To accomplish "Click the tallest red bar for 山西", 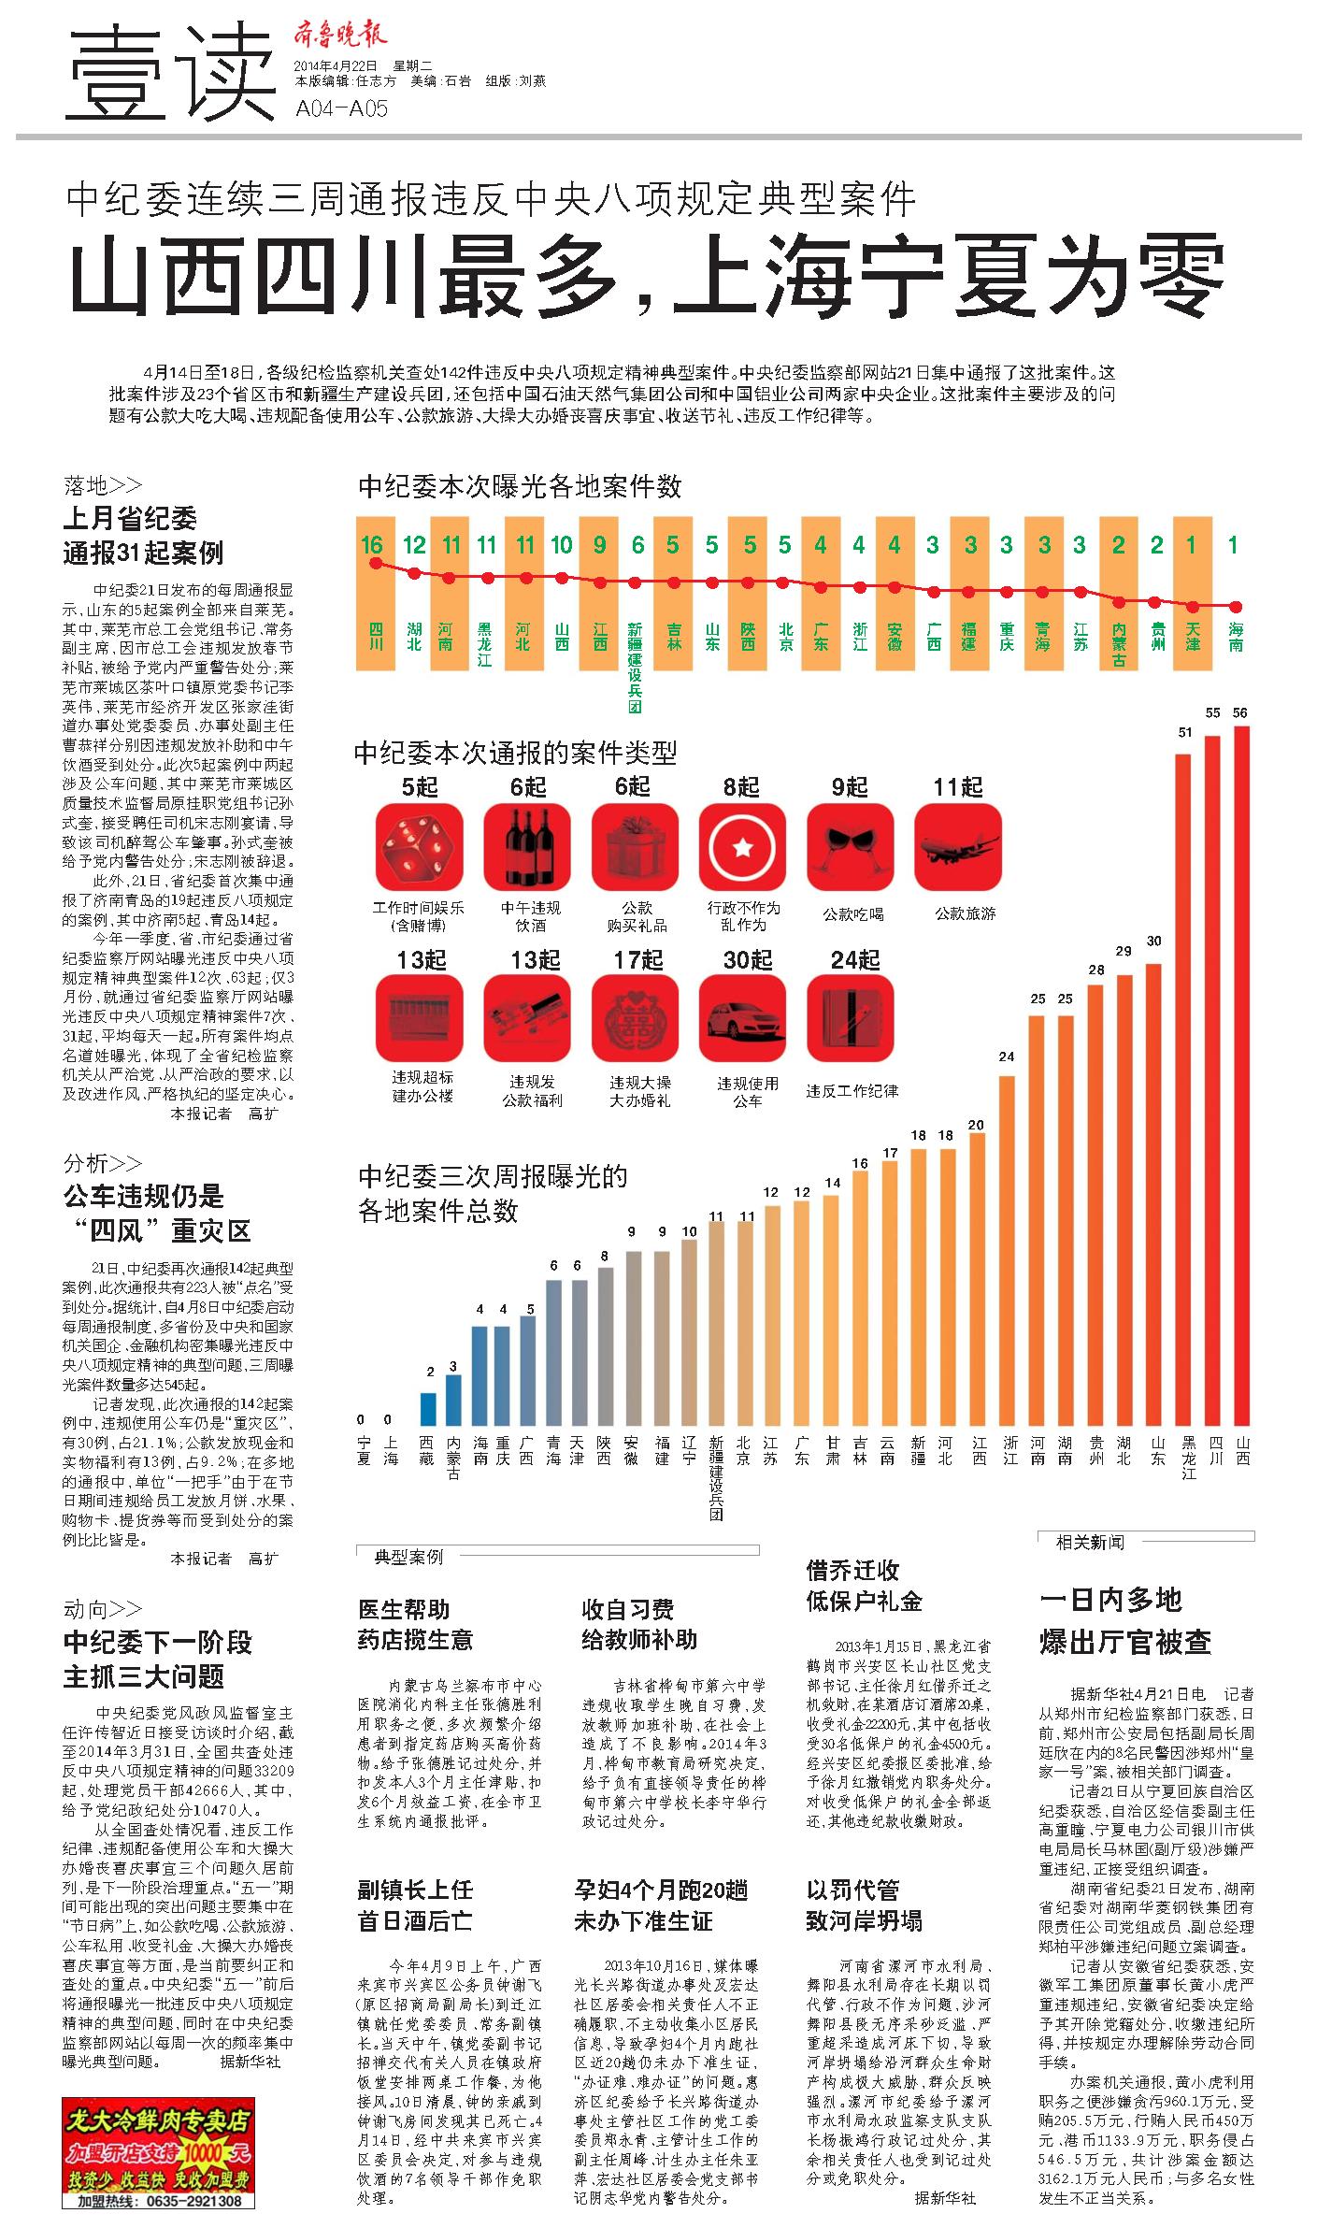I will [1241, 1085].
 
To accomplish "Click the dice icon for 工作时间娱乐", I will [419, 848].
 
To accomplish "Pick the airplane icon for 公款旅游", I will [958, 848].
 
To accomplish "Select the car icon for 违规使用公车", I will [743, 1020].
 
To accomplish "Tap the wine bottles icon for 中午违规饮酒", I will [527, 848].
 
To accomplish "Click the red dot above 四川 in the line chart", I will [376, 563].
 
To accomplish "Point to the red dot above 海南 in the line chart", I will [1236, 607].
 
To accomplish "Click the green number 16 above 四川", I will [372, 544].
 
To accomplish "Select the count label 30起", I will [748, 959].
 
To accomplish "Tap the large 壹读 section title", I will [171, 73].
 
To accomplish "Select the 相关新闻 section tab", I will [1090, 1542].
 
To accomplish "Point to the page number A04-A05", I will [341, 108].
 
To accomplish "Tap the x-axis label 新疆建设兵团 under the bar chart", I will [716, 1488].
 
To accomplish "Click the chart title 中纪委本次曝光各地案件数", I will [520, 486].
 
